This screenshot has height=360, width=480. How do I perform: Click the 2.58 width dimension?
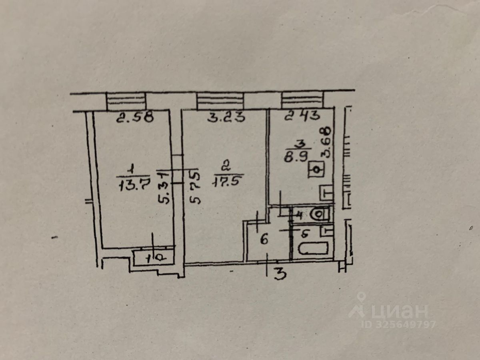[x=134, y=118]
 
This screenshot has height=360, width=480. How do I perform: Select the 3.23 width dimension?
[x=226, y=118]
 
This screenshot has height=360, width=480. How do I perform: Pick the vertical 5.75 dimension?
[x=195, y=186]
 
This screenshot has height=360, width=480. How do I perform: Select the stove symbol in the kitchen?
[x=316, y=170]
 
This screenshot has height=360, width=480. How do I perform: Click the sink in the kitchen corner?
[x=326, y=194]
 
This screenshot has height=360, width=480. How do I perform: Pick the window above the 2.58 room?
[x=126, y=101]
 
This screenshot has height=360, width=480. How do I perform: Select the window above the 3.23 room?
[x=220, y=100]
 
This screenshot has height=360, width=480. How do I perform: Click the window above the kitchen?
[x=302, y=100]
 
